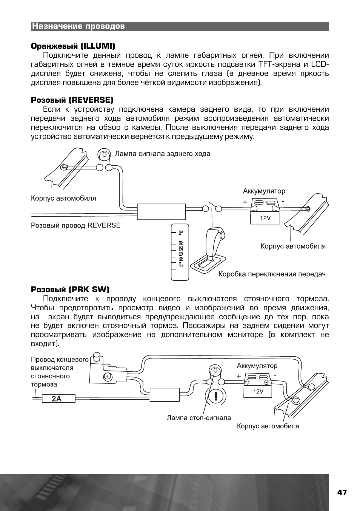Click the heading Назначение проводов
point(78,26)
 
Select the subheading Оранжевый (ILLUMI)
point(73,46)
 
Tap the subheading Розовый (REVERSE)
point(72,100)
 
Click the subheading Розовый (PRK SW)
point(70,289)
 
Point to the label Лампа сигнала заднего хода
point(162,154)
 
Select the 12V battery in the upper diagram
point(265,212)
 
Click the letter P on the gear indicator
point(181,233)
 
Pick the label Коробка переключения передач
point(272,274)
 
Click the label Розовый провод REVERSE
point(75,225)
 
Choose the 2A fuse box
point(57,399)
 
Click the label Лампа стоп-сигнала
point(199,418)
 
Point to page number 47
point(342,493)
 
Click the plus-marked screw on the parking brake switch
point(107,376)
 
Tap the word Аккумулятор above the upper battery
point(264,191)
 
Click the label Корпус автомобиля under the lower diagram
point(268,426)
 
